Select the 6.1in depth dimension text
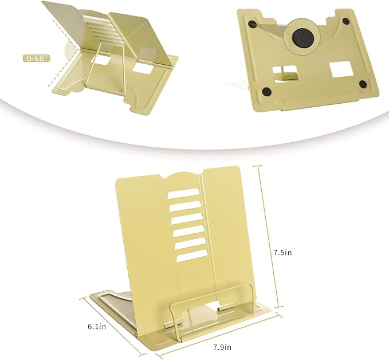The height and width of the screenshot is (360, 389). (97, 327)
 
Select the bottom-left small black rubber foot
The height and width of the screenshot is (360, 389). (267, 91)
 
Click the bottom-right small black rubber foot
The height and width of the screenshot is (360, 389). (362, 84)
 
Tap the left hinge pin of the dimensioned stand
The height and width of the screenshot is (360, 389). (168, 324)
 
